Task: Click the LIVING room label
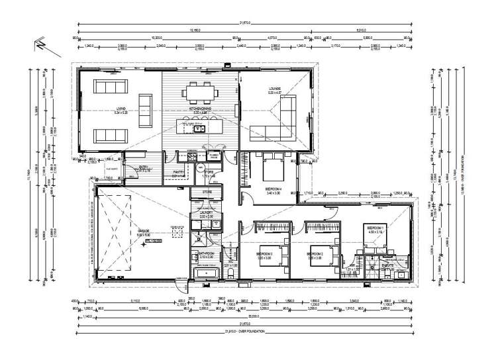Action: pyautogui.click(x=120, y=109)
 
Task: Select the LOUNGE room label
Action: pyautogui.click(x=275, y=89)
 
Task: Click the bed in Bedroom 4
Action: pyautogui.click(x=273, y=169)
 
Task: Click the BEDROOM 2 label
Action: pyautogui.click(x=316, y=253)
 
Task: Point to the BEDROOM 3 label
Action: pyautogui.click(x=265, y=253)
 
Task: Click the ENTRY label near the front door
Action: pyautogui.click(x=144, y=167)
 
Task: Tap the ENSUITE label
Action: pyautogui.click(x=387, y=265)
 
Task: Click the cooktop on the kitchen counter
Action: pyautogui.click(x=187, y=157)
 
